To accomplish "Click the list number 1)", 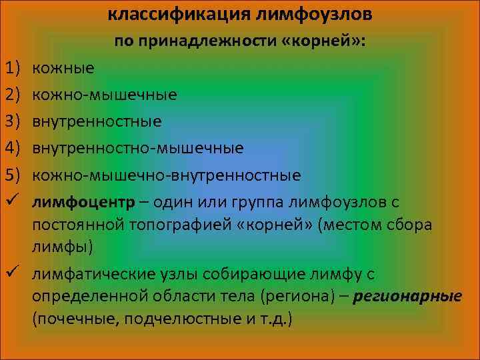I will (15, 67).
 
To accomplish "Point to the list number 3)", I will (15, 121).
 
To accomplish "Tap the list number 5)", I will (15, 175).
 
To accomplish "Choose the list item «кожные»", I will (63, 67).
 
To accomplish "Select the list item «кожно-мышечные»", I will (104, 94).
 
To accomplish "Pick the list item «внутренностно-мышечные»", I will (137, 148).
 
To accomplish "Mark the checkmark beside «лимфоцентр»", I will (15, 201).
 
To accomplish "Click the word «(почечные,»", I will (71, 319).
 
